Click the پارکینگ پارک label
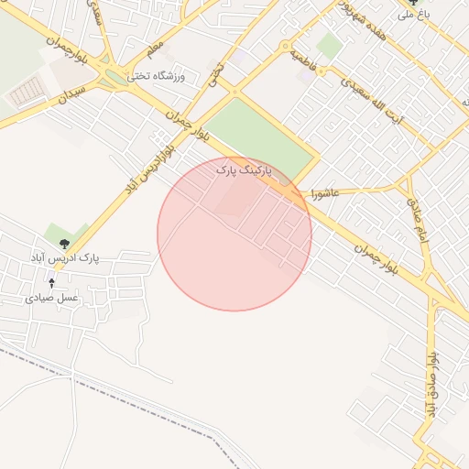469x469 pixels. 245,169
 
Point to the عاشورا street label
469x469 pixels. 325,193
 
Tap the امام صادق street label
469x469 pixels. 412,213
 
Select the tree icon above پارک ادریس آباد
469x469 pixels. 64,244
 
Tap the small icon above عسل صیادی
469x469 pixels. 51,284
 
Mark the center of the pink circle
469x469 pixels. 234,234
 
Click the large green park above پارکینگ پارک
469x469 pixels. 261,137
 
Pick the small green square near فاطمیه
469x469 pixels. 329,46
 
